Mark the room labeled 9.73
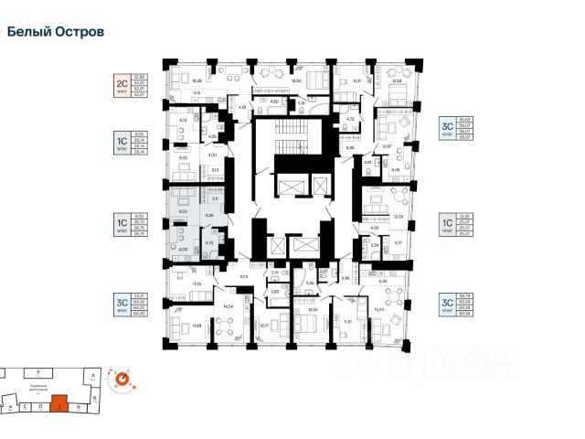coord(245,276)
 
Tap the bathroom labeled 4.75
coord(208,243)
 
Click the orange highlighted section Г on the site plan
coord(59,400)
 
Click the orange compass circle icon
coord(121,377)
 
